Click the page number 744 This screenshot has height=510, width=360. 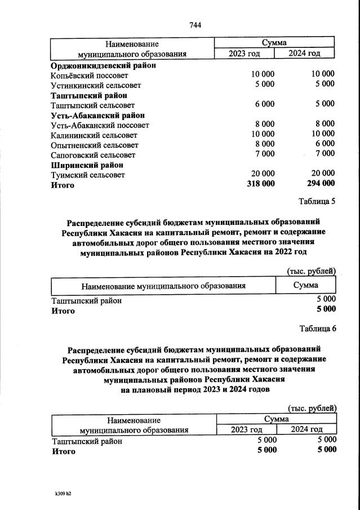coord(195,25)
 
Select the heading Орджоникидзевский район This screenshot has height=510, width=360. coord(103,65)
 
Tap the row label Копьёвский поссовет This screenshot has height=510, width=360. coord(89,75)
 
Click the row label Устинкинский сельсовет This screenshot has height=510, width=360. coord(95,85)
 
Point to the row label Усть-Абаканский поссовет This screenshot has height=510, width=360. coord(100,125)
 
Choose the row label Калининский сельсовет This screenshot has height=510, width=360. coord(94,135)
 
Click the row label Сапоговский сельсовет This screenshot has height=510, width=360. coord(93,154)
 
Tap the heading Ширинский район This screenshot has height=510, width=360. coord(87,165)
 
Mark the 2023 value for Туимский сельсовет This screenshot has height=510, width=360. coord(263,174)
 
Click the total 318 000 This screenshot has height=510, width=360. coord(261,184)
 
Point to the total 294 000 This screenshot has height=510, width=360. coord(321,184)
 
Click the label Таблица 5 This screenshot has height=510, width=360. coord(316,202)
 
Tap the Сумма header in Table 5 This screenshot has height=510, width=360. coord(305,285)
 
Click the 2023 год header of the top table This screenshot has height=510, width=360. coord(245,54)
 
